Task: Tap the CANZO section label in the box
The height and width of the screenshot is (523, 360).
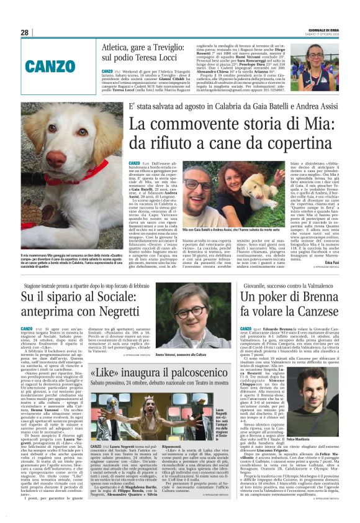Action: (x=50, y=65)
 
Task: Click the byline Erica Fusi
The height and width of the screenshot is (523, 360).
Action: (x=330, y=263)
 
